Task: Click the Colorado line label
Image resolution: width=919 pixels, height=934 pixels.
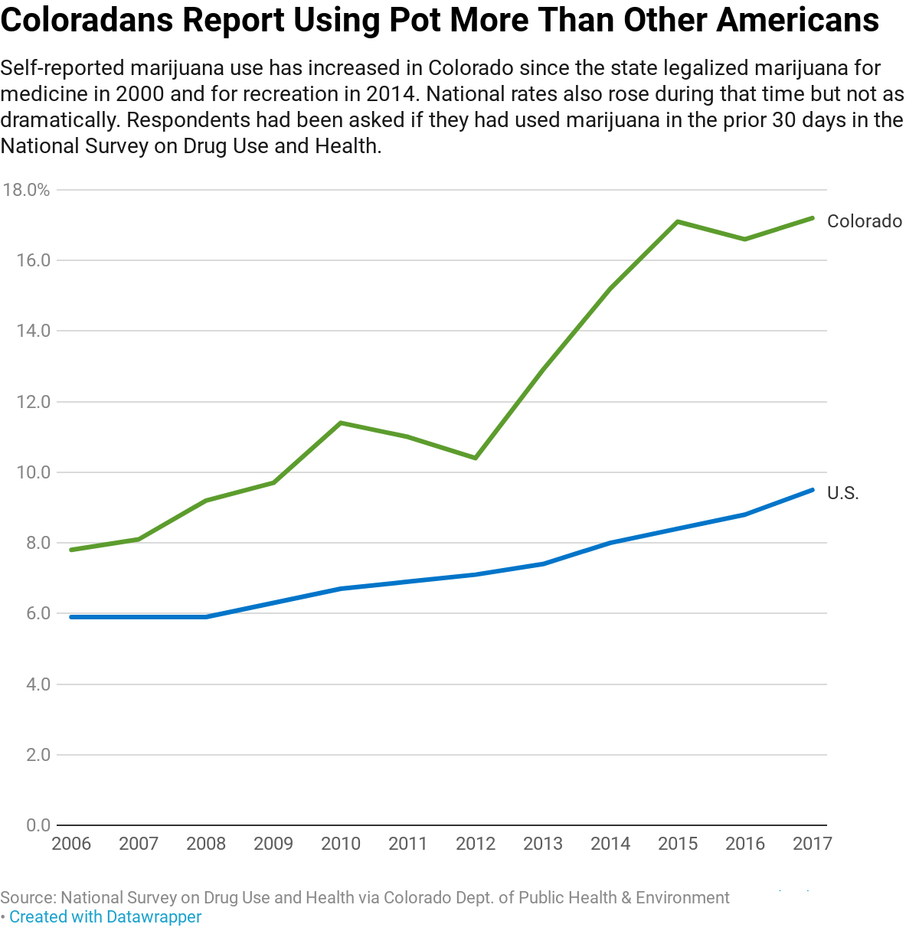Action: tap(864, 221)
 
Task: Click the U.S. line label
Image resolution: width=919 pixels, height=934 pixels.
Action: tap(842, 493)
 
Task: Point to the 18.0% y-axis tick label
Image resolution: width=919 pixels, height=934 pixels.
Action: tap(26, 190)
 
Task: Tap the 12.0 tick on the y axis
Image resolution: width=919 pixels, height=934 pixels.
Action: tap(33, 402)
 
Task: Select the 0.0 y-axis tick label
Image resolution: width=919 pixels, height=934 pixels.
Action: tap(38, 825)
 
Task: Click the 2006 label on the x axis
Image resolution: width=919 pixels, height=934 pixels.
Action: tap(71, 844)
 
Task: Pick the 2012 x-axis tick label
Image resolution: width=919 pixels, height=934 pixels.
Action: tap(476, 844)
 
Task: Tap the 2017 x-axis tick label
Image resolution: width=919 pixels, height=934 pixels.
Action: tap(813, 844)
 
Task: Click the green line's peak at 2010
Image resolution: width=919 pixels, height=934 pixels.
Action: tap(341, 423)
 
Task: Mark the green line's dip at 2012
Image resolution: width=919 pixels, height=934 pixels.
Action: tap(476, 458)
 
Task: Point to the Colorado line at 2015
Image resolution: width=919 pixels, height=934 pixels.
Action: tap(678, 221)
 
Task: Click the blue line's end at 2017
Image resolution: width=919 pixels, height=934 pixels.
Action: tap(813, 490)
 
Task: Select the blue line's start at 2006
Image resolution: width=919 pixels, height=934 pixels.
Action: tap(71, 617)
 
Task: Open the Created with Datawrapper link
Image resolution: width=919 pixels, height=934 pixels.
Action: tap(106, 916)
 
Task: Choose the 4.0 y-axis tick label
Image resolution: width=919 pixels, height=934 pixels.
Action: tap(38, 684)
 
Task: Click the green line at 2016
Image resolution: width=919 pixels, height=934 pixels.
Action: tap(745, 239)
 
